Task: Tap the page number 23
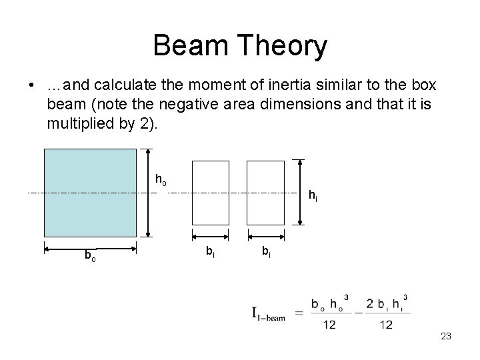pos(446,337)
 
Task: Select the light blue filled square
pos(90,193)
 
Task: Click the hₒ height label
pos(161,179)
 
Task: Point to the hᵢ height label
pos(311,195)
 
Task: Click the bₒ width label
pos(89,255)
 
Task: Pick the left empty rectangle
pos(210,193)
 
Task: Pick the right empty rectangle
pos(265,193)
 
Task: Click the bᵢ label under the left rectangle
pos(209,251)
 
